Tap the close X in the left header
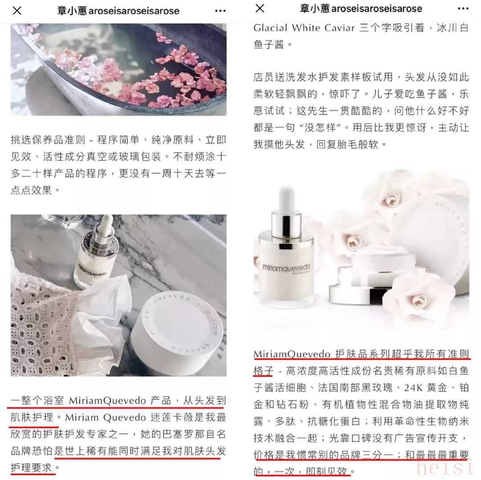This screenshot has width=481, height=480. click(17, 11)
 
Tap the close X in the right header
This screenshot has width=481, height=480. click(260, 8)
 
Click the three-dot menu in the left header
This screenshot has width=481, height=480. click(220, 11)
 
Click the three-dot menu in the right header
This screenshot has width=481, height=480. click(463, 8)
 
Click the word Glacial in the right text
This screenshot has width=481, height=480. click(270, 28)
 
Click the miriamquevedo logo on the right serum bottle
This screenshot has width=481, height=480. click(286, 268)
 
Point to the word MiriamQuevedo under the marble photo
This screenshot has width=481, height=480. click(107, 401)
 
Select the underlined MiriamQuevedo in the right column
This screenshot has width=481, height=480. click(292, 354)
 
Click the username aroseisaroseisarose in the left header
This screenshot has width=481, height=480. click(134, 11)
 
